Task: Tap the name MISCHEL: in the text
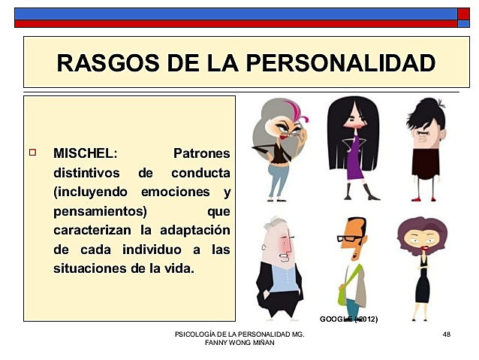click(85, 153)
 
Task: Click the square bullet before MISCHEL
click(32, 153)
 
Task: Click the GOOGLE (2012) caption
click(348, 319)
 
